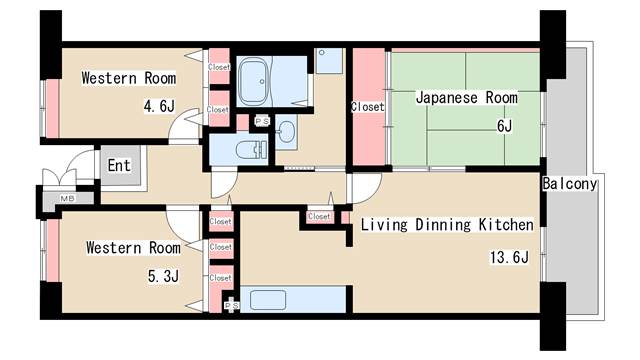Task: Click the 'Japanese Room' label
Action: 466,98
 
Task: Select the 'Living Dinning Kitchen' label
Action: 447,225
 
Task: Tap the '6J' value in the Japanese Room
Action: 503,126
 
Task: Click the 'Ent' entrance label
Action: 119,165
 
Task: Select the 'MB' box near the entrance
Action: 67,199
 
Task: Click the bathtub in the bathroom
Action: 255,80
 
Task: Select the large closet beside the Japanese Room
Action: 367,106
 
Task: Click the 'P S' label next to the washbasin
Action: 261,121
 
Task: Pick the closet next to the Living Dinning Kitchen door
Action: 319,216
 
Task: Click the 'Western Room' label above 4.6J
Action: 128,78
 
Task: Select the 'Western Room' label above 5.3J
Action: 132,247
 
